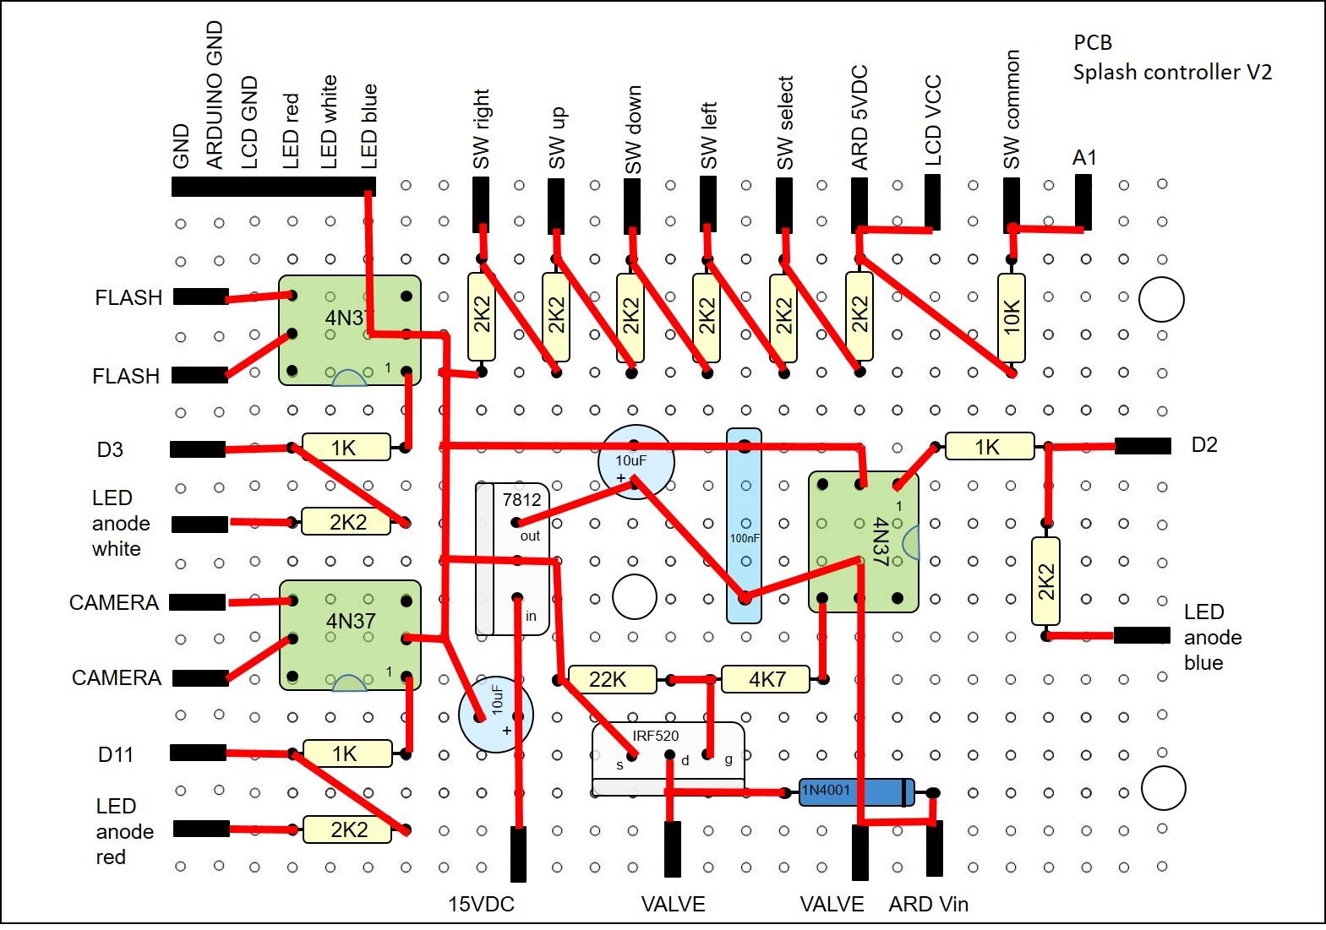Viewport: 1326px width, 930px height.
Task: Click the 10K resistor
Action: point(1011,318)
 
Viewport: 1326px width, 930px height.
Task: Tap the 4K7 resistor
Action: point(766,679)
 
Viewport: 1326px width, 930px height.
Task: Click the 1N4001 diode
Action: point(855,791)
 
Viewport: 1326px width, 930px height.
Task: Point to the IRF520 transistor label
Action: point(655,736)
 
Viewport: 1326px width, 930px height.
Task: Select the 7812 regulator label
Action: point(521,499)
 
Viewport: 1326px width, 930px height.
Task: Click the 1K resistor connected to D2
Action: point(988,446)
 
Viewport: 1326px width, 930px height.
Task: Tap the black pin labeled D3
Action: point(198,449)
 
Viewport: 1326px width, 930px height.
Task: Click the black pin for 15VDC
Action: point(518,854)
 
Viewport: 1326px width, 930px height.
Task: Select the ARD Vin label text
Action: point(928,905)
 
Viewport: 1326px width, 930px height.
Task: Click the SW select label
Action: point(784,122)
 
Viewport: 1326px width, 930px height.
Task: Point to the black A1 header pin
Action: point(1083,201)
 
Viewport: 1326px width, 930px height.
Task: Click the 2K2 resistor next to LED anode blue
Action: point(1045,581)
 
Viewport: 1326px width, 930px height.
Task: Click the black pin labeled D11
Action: point(198,753)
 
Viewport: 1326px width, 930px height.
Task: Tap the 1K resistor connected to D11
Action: point(347,753)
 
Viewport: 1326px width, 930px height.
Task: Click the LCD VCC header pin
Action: point(932,201)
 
